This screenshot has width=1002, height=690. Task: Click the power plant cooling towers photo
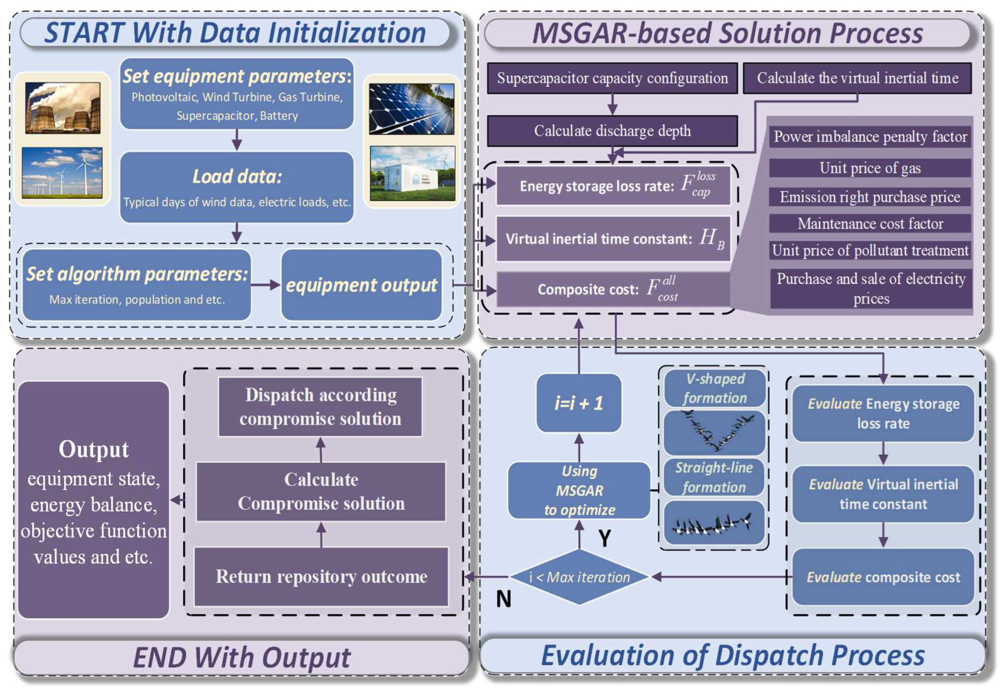click(x=63, y=108)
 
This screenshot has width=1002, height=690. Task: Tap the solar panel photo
click(x=411, y=109)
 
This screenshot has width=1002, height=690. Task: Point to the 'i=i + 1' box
click(x=579, y=403)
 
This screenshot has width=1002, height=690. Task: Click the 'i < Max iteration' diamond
click(x=579, y=577)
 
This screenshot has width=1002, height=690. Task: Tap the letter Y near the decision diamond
click(x=604, y=538)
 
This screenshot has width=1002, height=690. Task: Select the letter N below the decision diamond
click(x=503, y=599)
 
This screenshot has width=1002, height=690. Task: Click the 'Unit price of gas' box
click(x=870, y=168)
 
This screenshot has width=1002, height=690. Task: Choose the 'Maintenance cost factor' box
click(x=870, y=224)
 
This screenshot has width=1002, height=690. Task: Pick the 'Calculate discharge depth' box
click(x=612, y=131)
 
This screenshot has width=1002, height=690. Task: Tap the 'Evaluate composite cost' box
click(x=883, y=577)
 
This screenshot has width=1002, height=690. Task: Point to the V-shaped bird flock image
click(x=714, y=432)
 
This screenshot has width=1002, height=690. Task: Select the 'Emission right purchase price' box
click(x=870, y=197)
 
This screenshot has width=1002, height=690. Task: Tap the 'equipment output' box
click(x=361, y=285)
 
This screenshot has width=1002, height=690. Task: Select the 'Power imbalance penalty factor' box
click(x=870, y=137)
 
